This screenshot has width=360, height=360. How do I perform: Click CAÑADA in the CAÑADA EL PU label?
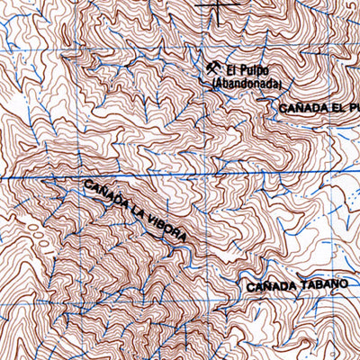[x=298, y=108]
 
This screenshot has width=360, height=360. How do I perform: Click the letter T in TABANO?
[x=303, y=285]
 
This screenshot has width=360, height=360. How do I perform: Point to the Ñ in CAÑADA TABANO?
[x=267, y=286]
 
